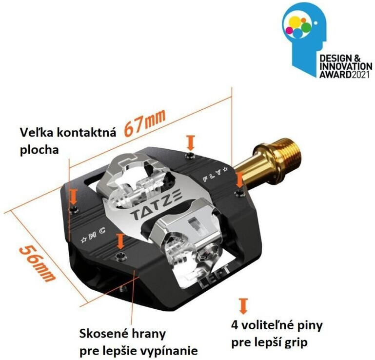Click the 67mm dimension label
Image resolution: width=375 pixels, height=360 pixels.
point(145,122)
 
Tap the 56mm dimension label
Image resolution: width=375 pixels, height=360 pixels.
point(38,263)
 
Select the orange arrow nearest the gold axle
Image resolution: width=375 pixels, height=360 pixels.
point(239,180)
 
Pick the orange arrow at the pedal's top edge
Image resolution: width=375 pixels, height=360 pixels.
point(191,142)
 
